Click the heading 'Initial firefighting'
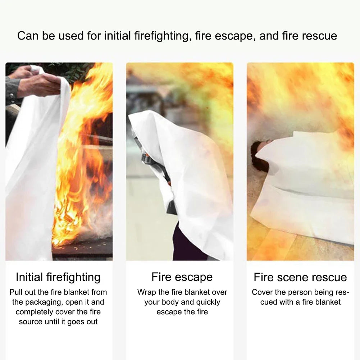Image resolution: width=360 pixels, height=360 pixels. point(58,277)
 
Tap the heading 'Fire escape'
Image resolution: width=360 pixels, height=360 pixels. point(182,277)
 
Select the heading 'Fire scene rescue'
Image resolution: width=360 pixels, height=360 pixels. point(300,277)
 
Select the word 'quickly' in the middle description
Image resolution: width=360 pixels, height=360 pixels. point(206,302)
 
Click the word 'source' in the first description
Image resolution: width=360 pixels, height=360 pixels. point(31,322)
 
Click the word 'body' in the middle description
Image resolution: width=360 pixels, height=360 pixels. point(171,302)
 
